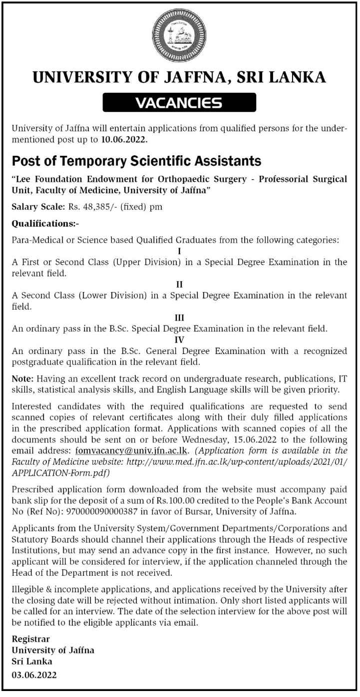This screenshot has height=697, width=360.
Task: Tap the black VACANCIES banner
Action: point(179,103)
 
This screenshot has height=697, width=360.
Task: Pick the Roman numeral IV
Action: point(179,341)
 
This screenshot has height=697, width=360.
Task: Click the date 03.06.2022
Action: point(34,675)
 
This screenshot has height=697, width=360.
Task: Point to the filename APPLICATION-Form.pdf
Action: point(60,472)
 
